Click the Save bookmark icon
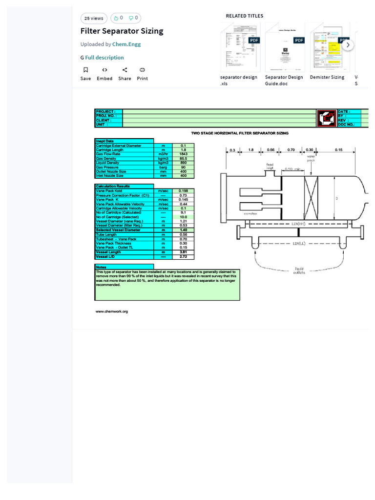pos(85,70)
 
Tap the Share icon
pos(125,70)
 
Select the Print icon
pos(142,70)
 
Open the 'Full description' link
pos(104,58)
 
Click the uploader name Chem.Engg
pos(127,44)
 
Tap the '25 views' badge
pos(94,18)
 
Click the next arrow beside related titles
pos(348,45)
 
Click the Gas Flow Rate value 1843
pos(184,154)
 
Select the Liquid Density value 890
pos(184,163)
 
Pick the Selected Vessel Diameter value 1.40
pos(184,230)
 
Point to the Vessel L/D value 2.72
pos(184,256)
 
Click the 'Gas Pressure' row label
pos(107,167)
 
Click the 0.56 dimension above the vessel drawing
pos(271,150)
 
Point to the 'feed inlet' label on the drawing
pos(270,166)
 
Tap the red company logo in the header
pos(326,118)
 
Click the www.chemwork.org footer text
pos(111,311)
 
